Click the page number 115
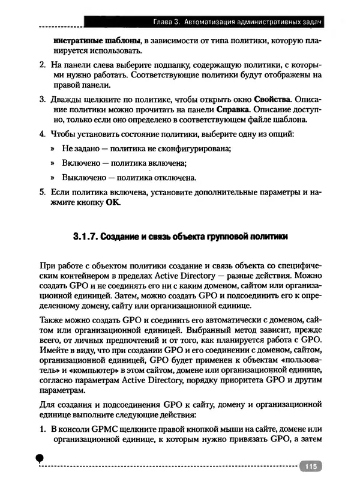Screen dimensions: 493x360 click(x=310, y=467)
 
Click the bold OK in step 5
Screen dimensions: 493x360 click(x=113, y=203)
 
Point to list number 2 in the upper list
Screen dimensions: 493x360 click(x=41, y=64)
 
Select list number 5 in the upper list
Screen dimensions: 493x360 click(x=41, y=192)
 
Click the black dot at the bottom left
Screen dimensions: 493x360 click(x=40, y=458)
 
